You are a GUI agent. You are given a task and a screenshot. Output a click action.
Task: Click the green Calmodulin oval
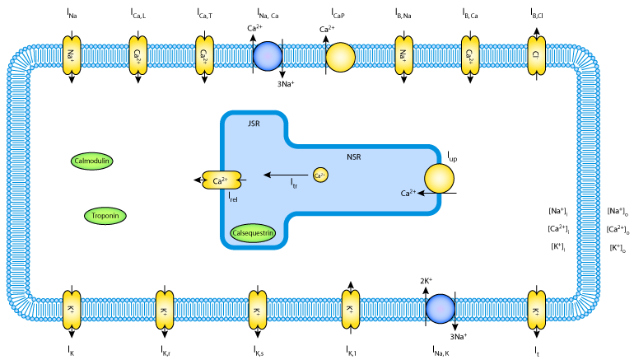[92, 161]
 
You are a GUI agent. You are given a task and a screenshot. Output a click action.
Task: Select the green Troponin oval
[105, 216]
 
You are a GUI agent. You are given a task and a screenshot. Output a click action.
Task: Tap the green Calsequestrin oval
[253, 234]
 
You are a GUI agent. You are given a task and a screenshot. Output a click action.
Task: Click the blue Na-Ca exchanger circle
[268, 56]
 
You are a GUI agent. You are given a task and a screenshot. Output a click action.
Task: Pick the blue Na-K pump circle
[441, 309]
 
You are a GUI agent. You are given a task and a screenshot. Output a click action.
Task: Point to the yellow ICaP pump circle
[340, 57]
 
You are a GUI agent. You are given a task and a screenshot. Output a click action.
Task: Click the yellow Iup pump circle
[440, 180]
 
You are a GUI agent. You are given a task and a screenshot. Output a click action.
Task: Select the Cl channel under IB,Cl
[536, 55]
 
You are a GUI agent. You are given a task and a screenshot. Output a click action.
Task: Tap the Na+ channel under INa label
[72, 55]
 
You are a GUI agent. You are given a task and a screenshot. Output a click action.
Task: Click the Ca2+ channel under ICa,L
[138, 55]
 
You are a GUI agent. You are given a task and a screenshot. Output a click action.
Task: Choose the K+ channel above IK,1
[349, 311]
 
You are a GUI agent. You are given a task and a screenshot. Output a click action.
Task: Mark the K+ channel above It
[536, 311]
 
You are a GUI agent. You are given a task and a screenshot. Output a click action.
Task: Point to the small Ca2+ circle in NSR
[320, 175]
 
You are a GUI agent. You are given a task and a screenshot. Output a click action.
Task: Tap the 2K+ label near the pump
[427, 281]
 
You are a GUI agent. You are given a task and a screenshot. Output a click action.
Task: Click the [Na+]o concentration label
[618, 212]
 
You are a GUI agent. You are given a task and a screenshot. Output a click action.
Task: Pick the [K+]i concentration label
[557, 247]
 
